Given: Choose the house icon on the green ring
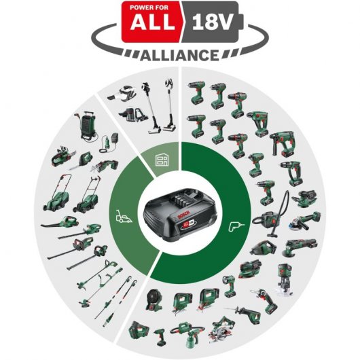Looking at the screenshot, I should tap(162, 161).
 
